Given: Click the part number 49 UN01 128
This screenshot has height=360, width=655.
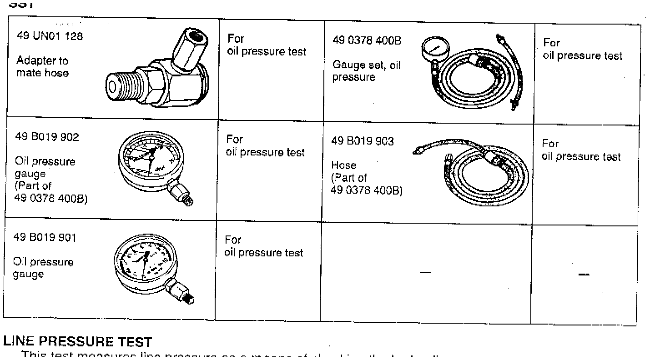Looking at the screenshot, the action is click(50, 36).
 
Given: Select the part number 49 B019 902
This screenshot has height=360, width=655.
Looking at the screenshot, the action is click(47, 137).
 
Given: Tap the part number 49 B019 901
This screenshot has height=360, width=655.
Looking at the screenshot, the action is click(46, 237).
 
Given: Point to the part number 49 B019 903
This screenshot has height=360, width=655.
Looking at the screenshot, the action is click(363, 141).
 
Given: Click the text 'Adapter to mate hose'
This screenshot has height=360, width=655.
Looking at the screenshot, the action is click(42, 66).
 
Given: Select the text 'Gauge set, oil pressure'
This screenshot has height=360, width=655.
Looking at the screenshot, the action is click(367, 71).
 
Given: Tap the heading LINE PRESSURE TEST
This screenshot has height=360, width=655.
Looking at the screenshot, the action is click(77, 341).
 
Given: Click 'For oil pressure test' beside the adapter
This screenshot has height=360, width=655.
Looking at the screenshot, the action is click(267, 45).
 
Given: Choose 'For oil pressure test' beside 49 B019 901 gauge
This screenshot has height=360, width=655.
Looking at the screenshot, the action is click(264, 246).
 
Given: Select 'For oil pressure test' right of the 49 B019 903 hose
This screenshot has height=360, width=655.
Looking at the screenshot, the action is click(581, 150).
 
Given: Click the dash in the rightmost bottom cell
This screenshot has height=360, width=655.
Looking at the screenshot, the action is click(584, 274).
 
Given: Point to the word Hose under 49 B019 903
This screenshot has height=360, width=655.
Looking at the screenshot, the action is click(343, 165).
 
